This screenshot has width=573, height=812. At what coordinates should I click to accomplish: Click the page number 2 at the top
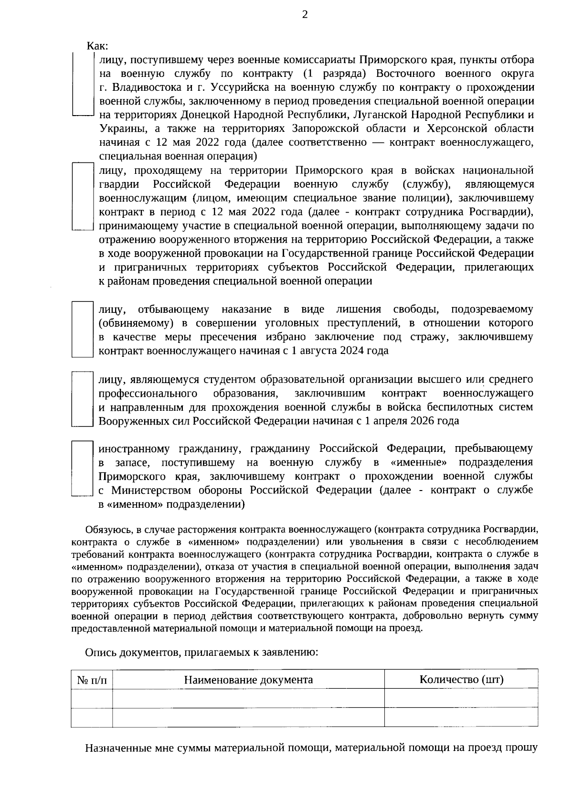[x=305, y=15]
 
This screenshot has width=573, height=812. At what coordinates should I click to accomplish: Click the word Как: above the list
[x=97, y=46]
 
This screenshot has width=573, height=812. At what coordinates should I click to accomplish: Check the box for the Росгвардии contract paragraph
[x=82, y=196]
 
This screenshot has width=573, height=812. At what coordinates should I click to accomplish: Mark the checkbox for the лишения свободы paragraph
[x=82, y=329]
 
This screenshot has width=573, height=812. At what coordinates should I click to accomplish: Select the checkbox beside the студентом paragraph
[x=82, y=399]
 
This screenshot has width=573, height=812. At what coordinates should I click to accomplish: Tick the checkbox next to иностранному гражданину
[x=82, y=469]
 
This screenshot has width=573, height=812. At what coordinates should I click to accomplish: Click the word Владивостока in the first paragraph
[x=144, y=87]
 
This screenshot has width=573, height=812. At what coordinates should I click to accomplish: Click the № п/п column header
[x=92, y=680]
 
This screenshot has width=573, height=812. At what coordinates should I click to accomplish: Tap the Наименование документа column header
[x=248, y=680]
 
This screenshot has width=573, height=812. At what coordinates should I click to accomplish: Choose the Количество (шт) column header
[x=461, y=679]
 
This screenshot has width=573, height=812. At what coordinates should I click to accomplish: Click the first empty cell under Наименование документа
[x=248, y=698]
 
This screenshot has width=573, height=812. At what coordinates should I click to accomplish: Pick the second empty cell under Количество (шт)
[x=461, y=717]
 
